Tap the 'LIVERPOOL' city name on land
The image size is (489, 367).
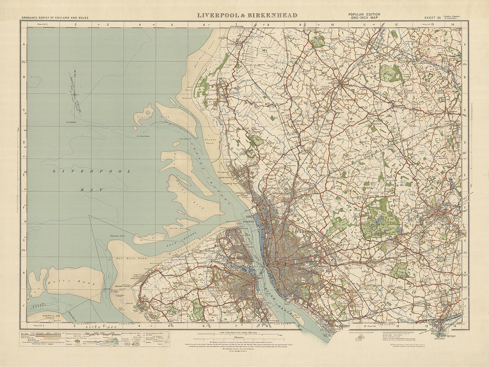[304, 232]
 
